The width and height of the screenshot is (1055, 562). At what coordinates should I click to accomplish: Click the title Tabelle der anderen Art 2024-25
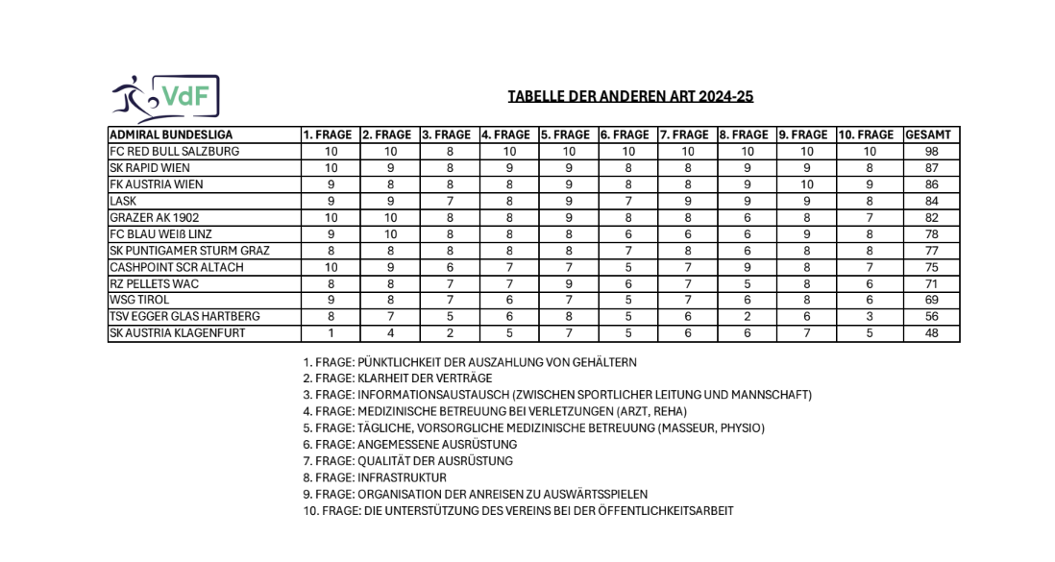point(630,97)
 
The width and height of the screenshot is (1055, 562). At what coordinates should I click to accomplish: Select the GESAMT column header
point(929,135)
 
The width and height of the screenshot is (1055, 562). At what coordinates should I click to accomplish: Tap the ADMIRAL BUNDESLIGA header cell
point(172,135)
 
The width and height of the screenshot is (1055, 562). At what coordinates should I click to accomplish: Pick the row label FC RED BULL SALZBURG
point(175,152)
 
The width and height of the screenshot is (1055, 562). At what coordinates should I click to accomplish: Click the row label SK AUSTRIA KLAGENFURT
point(178,333)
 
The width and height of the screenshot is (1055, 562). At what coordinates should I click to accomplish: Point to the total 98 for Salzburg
point(929,152)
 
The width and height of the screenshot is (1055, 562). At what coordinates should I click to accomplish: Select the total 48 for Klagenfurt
point(929,333)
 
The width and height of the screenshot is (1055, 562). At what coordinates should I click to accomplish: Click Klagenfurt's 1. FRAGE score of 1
point(331,333)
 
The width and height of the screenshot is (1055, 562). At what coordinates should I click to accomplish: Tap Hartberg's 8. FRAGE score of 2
point(747,317)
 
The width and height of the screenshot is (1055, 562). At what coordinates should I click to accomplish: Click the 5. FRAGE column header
point(569,135)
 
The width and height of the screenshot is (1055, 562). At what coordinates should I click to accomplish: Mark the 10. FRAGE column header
point(868,135)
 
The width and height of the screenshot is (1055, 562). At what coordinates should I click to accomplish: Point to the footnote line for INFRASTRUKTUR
point(375,477)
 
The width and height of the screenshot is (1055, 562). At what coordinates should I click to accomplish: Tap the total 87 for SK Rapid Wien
point(929,168)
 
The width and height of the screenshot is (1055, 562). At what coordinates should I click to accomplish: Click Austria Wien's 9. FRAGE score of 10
point(806,184)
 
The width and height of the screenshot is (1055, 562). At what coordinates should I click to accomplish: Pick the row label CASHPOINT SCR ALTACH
point(177,267)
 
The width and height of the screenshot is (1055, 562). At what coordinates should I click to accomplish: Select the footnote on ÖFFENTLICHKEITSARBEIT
point(518,511)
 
